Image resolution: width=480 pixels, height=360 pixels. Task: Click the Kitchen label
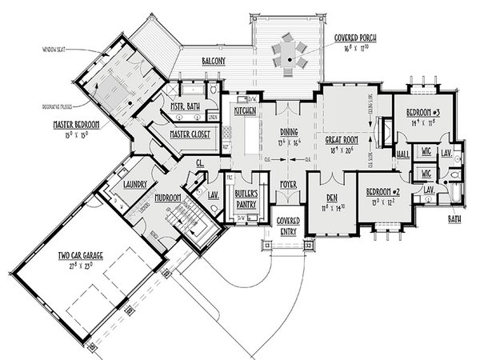[x=244, y=111]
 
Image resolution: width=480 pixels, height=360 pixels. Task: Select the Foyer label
[x=289, y=185]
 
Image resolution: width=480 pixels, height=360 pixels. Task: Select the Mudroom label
[x=170, y=197]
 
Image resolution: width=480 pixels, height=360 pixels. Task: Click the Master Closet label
[x=190, y=134]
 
